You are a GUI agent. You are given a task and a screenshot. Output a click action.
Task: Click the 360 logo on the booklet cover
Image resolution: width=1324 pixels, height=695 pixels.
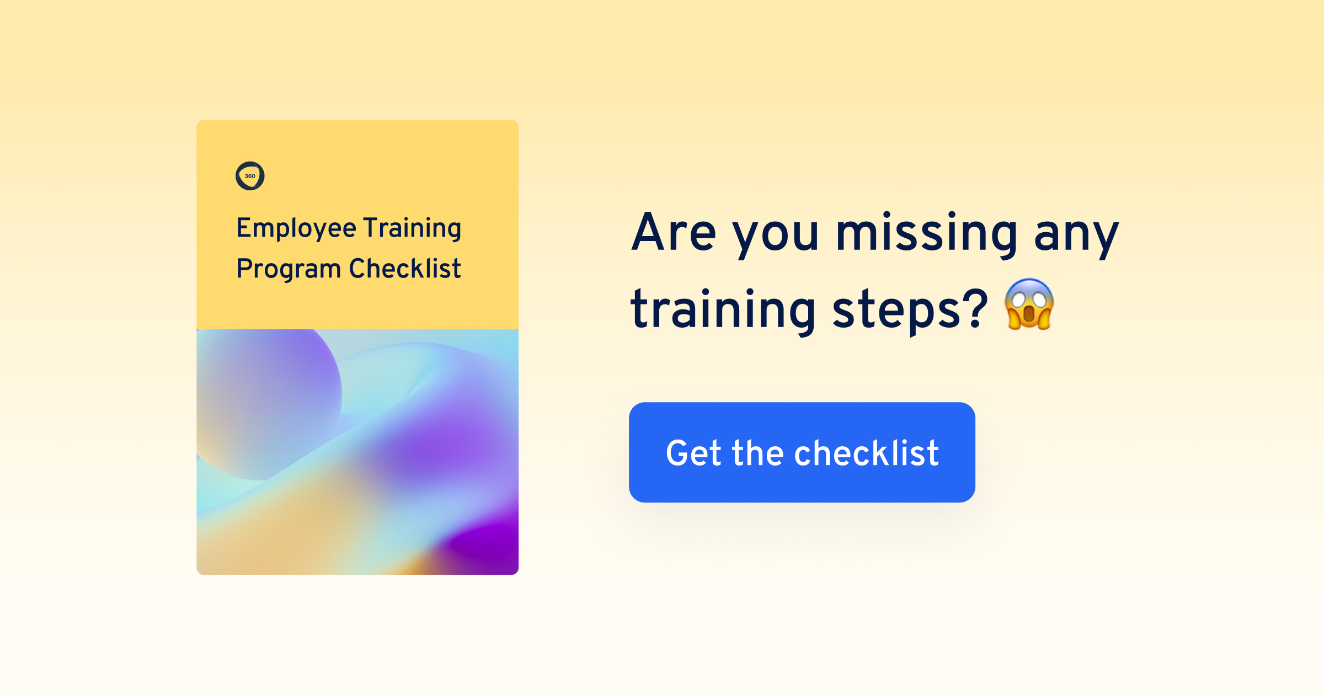pyautogui.click(x=250, y=176)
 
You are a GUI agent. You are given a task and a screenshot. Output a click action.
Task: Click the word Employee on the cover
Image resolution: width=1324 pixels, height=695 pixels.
pyautogui.click(x=296, y=228)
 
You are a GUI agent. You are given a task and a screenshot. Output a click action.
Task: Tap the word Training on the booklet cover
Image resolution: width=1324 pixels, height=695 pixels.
pyautogui.click(x=412, y=228)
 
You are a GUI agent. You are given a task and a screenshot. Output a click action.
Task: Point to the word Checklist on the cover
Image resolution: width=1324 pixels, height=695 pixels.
pyautogui.click(x=405, y=269)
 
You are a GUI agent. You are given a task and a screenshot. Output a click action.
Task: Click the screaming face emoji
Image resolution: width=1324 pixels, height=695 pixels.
pyautogui.click(x=1029, y=304)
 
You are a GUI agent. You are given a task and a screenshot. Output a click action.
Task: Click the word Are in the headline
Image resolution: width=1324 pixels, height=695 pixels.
pyautogui.click(x=674, y=232)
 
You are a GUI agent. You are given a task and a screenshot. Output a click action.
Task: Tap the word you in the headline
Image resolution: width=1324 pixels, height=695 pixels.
pyautogui.click(x=775, y=238)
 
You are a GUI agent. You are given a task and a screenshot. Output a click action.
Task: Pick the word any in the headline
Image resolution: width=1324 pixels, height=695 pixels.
pyautogui.click(x=1076, y=238)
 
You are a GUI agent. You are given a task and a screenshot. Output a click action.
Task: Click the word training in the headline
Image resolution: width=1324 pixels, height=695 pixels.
pyautogui.click(x=723, y=311)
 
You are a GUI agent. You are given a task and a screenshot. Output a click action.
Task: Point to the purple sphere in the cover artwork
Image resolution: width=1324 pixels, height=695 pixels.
pyautogui.click(x=265, y=397)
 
